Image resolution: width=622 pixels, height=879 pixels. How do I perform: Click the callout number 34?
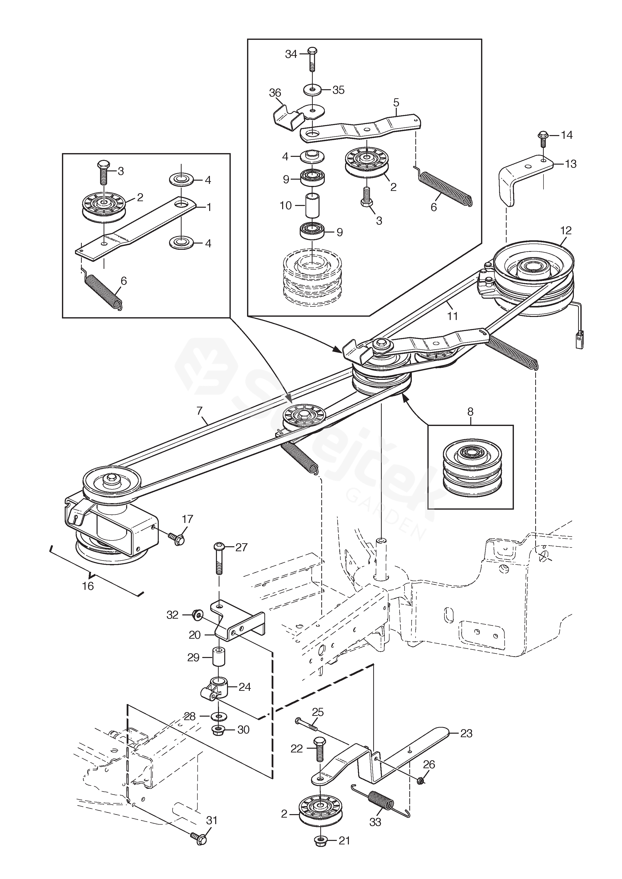[291, 54]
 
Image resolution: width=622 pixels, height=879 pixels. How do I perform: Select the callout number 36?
[275, 93]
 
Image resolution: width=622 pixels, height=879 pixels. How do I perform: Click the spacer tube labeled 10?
[312, 206]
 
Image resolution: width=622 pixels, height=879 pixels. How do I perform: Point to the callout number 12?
[566, 231]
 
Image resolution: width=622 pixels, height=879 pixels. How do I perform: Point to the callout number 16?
[88, 586]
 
